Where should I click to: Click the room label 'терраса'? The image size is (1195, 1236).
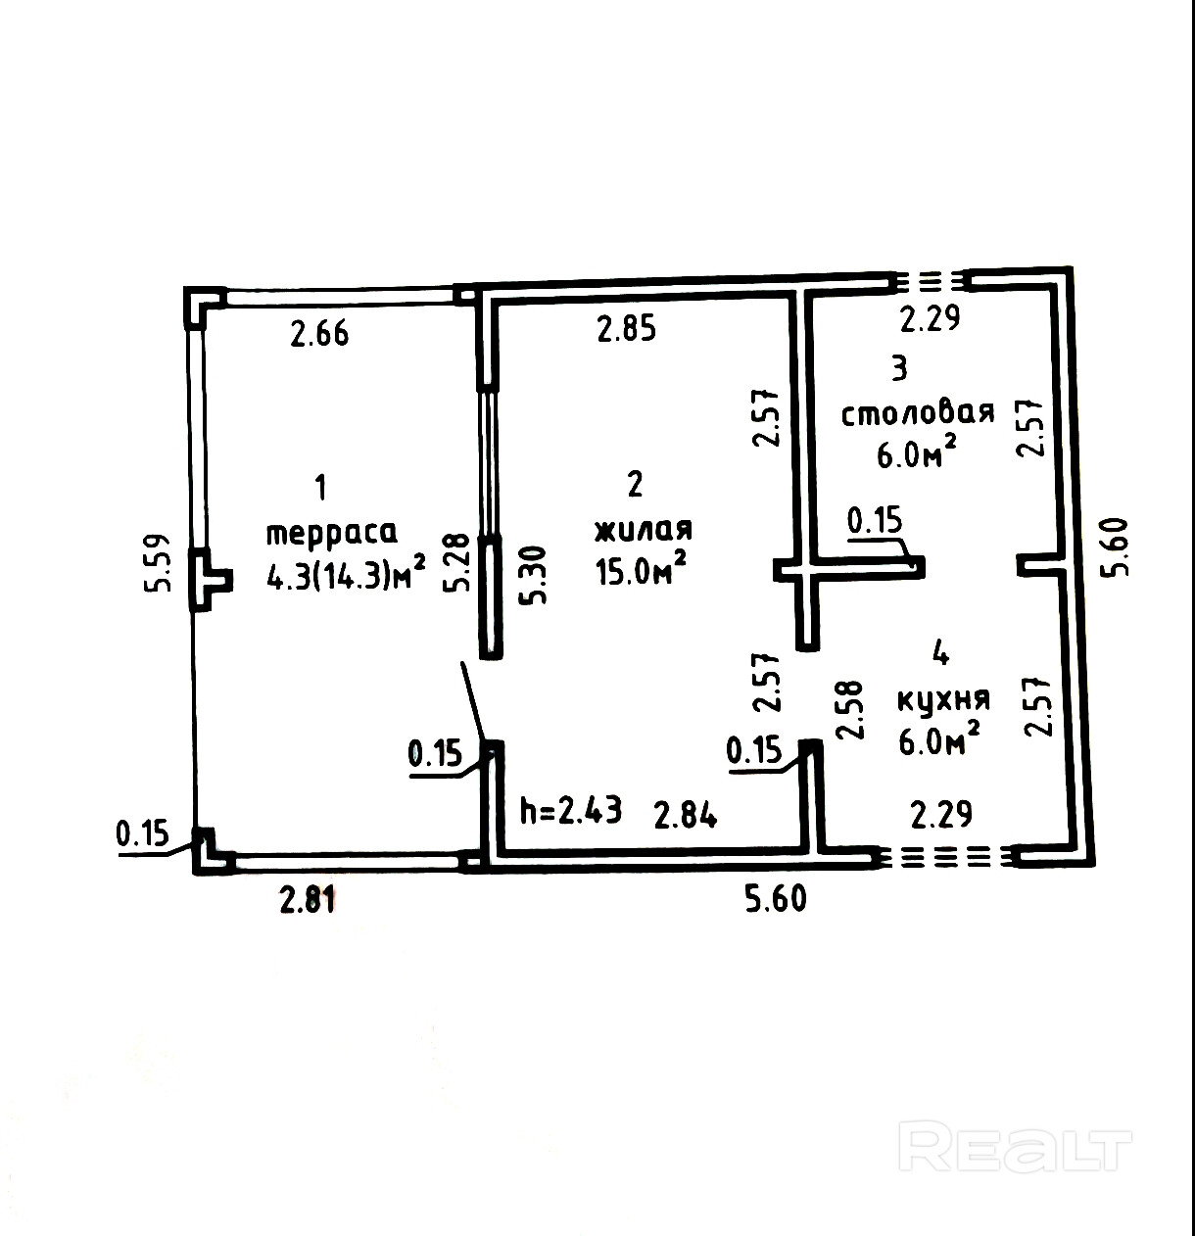click(332, 533)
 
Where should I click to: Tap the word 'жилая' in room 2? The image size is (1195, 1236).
click(644, 530)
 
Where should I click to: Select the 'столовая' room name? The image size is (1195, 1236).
click(918, 412)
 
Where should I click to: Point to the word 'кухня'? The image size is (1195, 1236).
click(943, 698)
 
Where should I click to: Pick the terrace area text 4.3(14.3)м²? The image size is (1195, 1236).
click(346, 575)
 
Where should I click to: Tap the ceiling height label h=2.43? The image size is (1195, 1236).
click(570, 811)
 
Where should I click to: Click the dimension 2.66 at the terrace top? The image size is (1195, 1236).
click(319, 334)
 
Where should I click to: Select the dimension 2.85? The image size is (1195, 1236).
click(627, 328)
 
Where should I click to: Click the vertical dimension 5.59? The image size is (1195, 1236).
click(163, 562)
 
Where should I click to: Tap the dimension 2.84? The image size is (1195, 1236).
click(686, 814)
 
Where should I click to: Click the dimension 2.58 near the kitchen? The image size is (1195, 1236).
click(850, 709)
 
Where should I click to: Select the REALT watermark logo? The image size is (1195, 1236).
click(1015, 1147)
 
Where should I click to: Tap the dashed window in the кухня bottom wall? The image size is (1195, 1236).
click(947, 857)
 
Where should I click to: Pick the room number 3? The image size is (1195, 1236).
click(899, 368)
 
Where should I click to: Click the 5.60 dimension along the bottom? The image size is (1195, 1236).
click(776, 898)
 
